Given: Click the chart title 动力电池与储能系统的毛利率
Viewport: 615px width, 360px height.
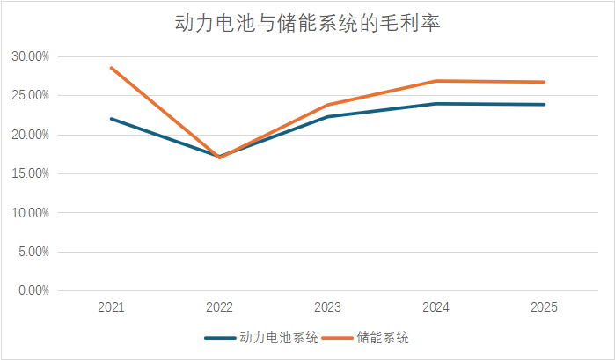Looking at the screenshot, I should (307, 24).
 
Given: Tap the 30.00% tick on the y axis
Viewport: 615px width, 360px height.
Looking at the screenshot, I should (30, 57).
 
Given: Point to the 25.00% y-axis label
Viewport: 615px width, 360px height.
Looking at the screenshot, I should (30, 96).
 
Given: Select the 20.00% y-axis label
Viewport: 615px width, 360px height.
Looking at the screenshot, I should (30, 135).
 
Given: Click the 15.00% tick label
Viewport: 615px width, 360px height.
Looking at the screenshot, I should (30, 173).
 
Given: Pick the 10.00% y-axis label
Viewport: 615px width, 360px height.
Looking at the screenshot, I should (30, 213).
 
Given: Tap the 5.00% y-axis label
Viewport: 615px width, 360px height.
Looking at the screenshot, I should (33, 252).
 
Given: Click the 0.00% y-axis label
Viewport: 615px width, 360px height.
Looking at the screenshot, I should (33, 290).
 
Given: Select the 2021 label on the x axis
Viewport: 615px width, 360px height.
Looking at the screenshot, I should (111, 307).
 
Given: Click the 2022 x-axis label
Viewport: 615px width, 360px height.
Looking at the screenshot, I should (219, 307).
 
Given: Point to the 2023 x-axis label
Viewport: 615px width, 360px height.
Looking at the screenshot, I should (327, 307).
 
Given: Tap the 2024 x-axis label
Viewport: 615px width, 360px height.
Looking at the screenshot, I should (436, 307).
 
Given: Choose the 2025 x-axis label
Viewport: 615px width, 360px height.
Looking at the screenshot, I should (544, 307).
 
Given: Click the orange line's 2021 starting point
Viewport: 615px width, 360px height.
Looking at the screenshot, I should (111, 68).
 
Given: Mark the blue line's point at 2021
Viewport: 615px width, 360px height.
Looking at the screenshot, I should (111, 119).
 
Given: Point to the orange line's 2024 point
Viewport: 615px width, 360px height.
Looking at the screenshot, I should (436, 81).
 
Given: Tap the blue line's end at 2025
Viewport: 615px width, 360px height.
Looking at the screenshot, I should (544, 105).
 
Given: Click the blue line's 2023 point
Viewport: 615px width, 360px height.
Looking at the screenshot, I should (327, 116).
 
